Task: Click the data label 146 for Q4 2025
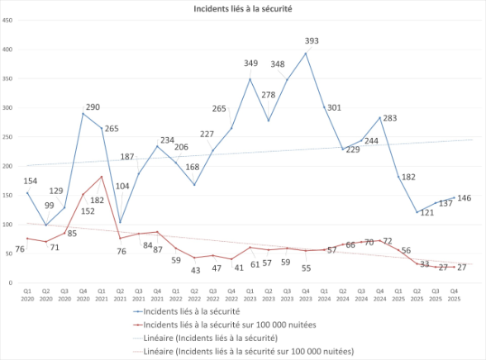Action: [x=464, y=198]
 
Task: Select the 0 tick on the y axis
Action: [x=10, y=283]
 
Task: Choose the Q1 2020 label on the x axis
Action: [x=27, y=294]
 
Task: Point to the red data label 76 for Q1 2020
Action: [x=20, y=249]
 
